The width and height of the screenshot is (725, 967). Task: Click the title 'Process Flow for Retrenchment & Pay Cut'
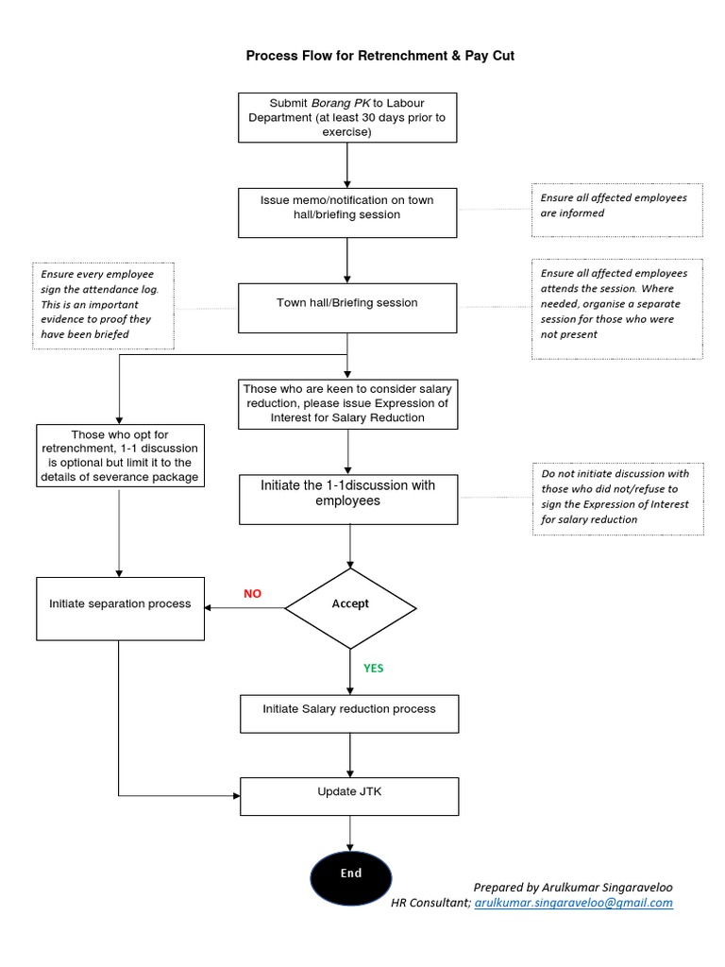click(x=380, y=56)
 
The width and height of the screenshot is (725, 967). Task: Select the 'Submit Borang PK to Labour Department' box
click(x=347, y=118)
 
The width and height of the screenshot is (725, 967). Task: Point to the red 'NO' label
click(x=252, y=594)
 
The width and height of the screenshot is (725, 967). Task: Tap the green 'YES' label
click(x=374, y=669)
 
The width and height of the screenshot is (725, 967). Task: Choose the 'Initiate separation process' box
click(x=120, y=607)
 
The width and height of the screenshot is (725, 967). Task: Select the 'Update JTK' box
click(x=349, y=796)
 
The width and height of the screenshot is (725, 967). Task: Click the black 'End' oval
click(x=350, y=874)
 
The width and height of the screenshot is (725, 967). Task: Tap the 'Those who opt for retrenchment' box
click(x=120, y=455)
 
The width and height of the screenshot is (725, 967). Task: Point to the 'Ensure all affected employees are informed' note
click(x=617, y=209)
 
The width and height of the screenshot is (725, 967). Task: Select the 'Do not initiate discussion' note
click(x=617, y=500)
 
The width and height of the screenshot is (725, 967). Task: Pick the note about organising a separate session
click(x=617, y=308)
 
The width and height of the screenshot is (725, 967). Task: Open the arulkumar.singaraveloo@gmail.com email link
click(x=574, y=903)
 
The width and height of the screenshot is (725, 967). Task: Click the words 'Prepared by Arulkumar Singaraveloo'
click(x=573, y=887)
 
